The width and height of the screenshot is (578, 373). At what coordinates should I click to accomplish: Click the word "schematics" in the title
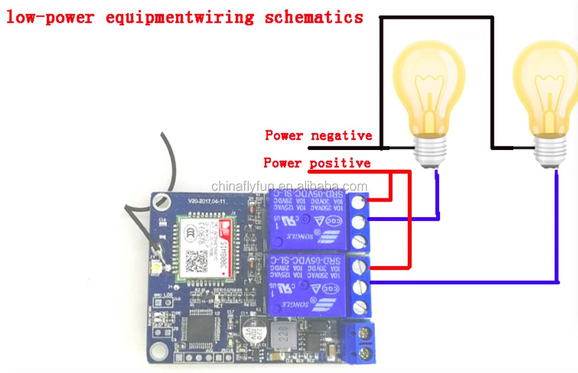(x=314, y=17)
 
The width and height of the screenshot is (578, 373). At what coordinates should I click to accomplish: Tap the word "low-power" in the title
(x=50, y=17)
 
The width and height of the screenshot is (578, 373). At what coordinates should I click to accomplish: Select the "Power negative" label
(x=318, y=136)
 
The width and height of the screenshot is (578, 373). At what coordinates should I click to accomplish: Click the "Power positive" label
(x=317, y=163)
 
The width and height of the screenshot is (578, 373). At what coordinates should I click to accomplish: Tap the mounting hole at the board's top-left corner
(x=162, y=200)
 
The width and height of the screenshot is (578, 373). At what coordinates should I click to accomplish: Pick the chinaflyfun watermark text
(x=289, y=186)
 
